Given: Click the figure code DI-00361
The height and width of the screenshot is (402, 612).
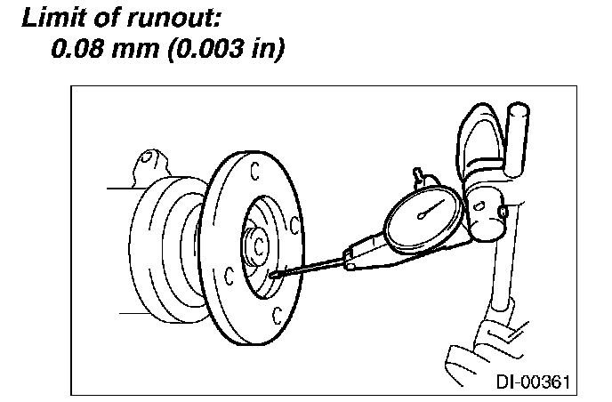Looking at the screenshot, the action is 529,382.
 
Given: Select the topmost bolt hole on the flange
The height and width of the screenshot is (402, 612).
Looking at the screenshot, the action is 254,167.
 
